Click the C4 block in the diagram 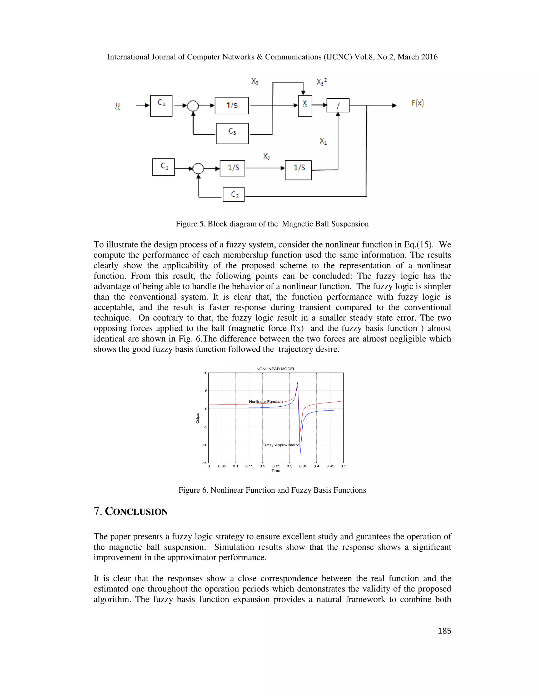click(x=161, y=106)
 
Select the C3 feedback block click(x=232, y=133)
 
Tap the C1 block click(x=163, y=167)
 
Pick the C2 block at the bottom click(x=234, y=194)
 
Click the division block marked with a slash click(x=338, y=105)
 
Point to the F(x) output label click(x=418, y=103)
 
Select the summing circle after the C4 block click(x=193, y=106)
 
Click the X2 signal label click(x=267, y=156)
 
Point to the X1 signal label click(x=323, y=141)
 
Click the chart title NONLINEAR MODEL click(x=276, y=368)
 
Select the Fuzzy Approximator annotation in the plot click(x=281, y=445)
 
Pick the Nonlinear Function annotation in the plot click(x=266, y=401)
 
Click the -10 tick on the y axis click(x=204, y=445)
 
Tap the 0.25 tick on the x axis click(x=276, y=466)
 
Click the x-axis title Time click(x=276, y=471)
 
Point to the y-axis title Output click(x=198, y=418)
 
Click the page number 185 click(x=444, y=631)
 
